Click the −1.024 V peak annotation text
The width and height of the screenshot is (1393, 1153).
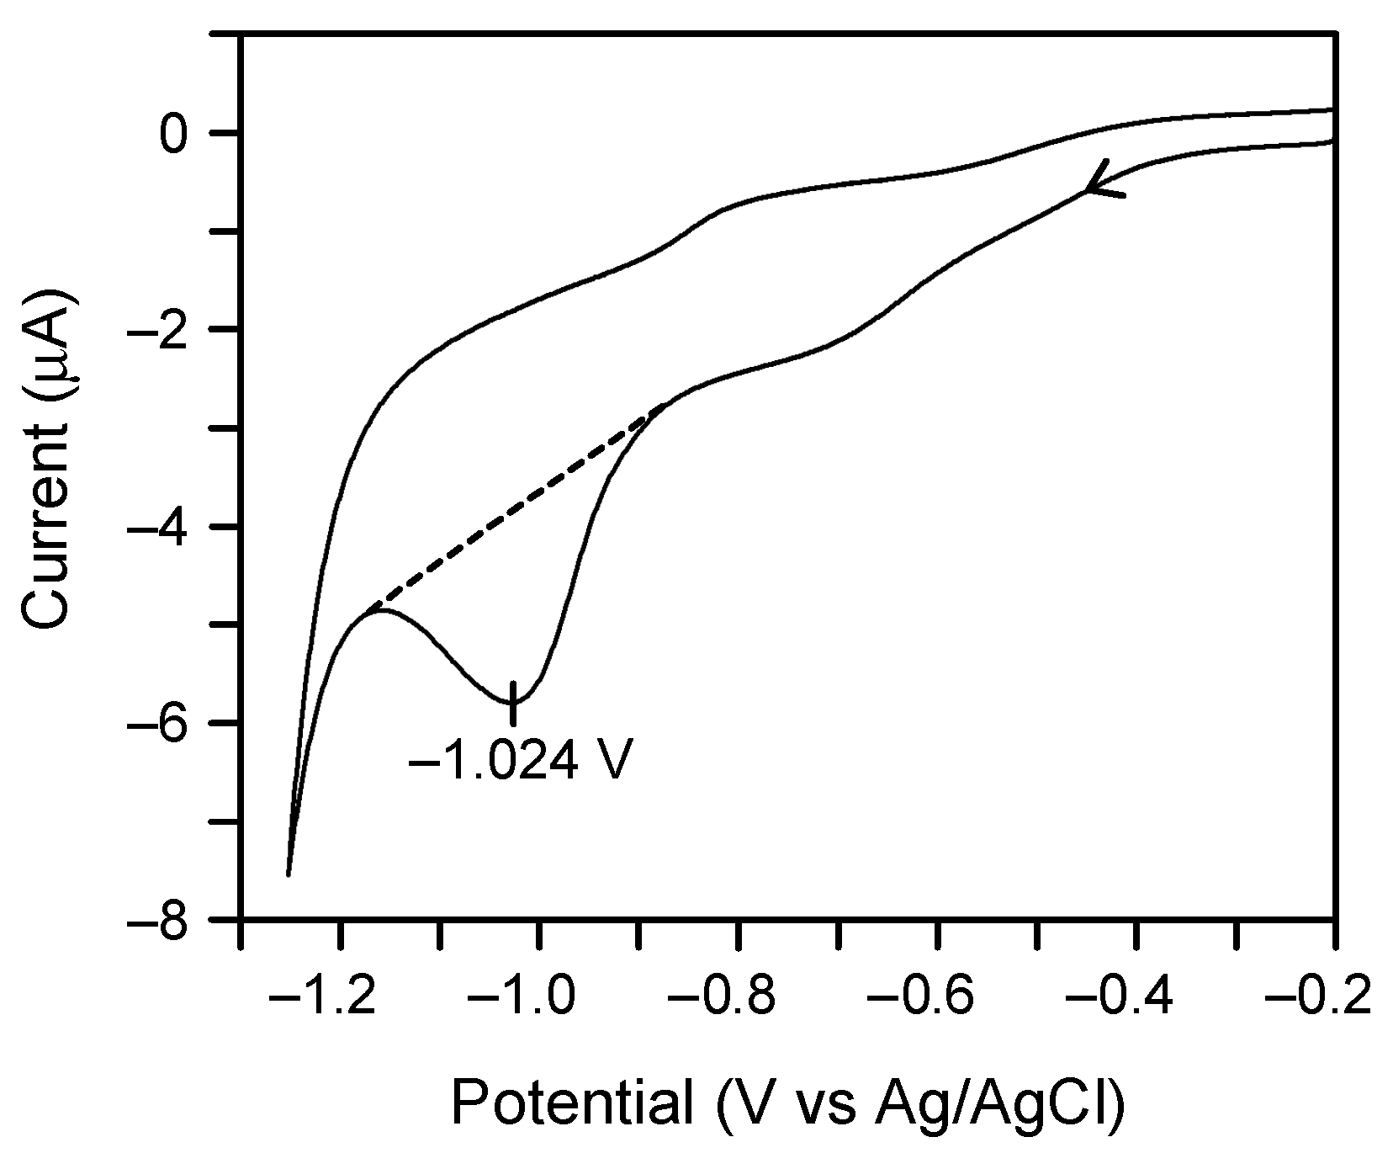[x=520, y=764]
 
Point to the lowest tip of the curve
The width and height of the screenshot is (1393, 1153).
[x=289, y=874]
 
